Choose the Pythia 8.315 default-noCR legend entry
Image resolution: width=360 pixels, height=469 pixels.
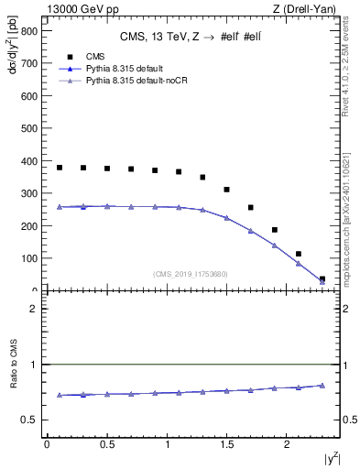pos(135,82)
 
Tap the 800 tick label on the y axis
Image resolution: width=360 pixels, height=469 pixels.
pos(27,31)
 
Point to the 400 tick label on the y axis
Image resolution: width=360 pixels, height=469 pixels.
pos(27,161)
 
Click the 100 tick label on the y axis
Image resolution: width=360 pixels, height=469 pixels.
pos(27,258)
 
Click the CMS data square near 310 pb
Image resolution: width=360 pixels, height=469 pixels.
pos(226,190)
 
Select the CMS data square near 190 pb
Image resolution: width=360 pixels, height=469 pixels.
pos(274,230)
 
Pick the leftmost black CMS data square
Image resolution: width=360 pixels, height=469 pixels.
pos(60,168)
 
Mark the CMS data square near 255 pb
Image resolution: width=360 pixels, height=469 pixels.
pos(250,207)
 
